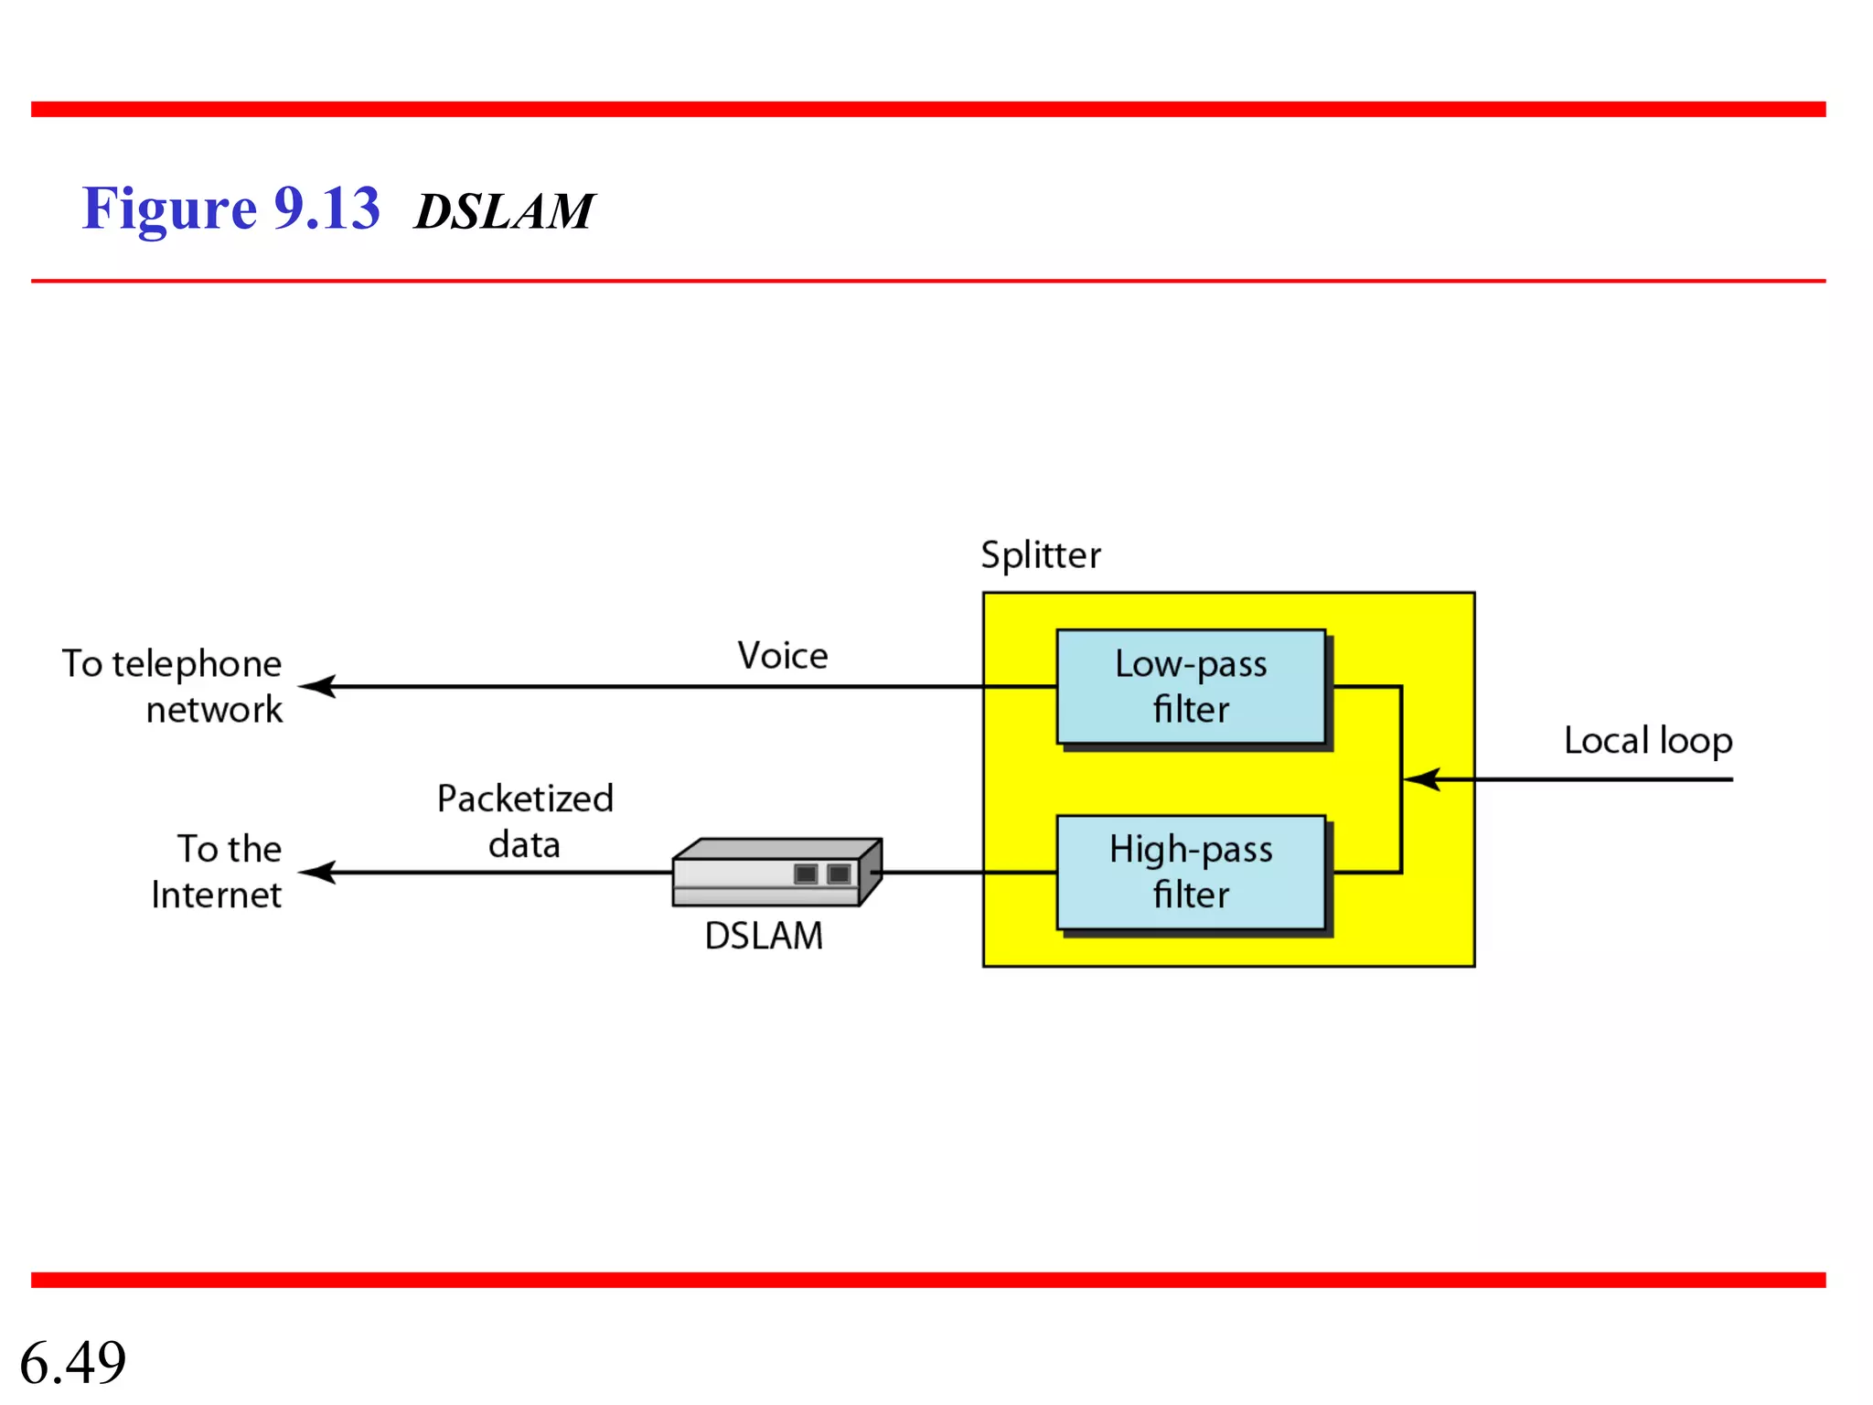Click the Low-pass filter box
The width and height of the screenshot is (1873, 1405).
(1191, 687)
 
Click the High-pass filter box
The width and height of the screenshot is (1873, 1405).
(1191, 873)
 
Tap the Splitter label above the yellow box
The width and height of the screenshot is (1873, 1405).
(1041, 555)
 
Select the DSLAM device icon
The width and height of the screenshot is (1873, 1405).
(776, 873)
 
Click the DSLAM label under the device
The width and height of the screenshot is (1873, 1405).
(764, 936)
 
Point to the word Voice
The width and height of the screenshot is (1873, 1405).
(783, 656)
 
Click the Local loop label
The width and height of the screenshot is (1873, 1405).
(1648, 740)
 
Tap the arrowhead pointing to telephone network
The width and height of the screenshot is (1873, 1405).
(316, 686)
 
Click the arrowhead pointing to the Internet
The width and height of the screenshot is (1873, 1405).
(316, 873)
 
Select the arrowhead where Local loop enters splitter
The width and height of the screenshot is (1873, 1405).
(1421, 779)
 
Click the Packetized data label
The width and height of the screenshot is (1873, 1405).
(525, 820)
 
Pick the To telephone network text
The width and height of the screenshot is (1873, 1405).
(173, 686)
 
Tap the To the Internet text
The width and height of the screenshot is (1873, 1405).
(218, 872)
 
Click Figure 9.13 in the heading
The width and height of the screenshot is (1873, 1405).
(230, 209)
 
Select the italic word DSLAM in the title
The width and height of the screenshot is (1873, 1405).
(504, 211)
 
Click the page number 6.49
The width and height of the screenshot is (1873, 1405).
(73, 1362)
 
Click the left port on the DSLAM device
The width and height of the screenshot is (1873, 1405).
(806, 874)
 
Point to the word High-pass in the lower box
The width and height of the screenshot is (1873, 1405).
(1191, 850)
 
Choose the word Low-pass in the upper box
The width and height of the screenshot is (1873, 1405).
(1191, 664)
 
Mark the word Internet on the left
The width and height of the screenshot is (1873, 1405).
(217, 895)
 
